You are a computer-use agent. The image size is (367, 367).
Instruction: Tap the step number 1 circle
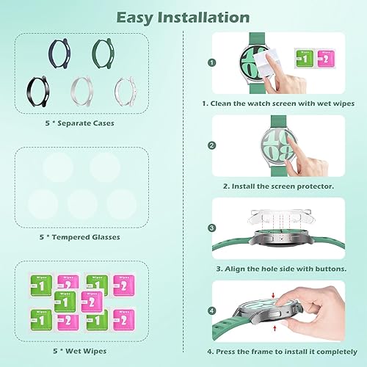[211, 63]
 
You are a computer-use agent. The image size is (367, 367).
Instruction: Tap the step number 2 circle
[211, 145]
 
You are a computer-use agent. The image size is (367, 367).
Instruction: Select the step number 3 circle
[211, 228]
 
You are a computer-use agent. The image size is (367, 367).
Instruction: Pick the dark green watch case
[104, 51]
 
